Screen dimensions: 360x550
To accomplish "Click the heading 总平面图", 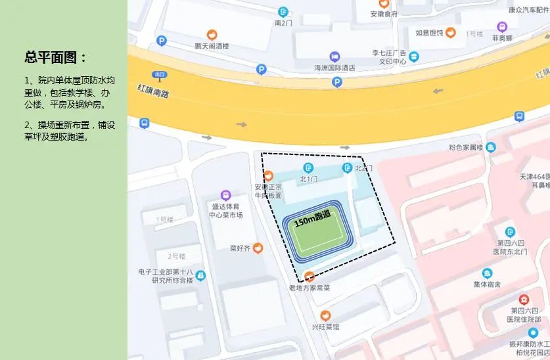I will (x=55, y=58).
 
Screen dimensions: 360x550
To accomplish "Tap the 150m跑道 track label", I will (x=312, y=218).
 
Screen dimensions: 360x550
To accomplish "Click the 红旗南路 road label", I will (x=153, y=90).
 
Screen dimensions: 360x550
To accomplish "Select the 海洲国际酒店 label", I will (x=334, y=67).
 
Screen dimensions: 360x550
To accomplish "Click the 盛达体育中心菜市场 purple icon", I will (x=225, y=195).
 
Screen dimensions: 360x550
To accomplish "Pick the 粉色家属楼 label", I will (x=466, y=146).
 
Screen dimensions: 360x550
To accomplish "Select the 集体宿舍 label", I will (x=487, y=284).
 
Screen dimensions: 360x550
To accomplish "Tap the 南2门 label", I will (x=283, y=23).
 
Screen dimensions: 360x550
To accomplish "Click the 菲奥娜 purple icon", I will (x=502, y=27).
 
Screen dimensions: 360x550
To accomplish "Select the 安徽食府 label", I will (x=384, y=14).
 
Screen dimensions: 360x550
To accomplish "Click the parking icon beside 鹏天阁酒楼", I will (x=162, y=41).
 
